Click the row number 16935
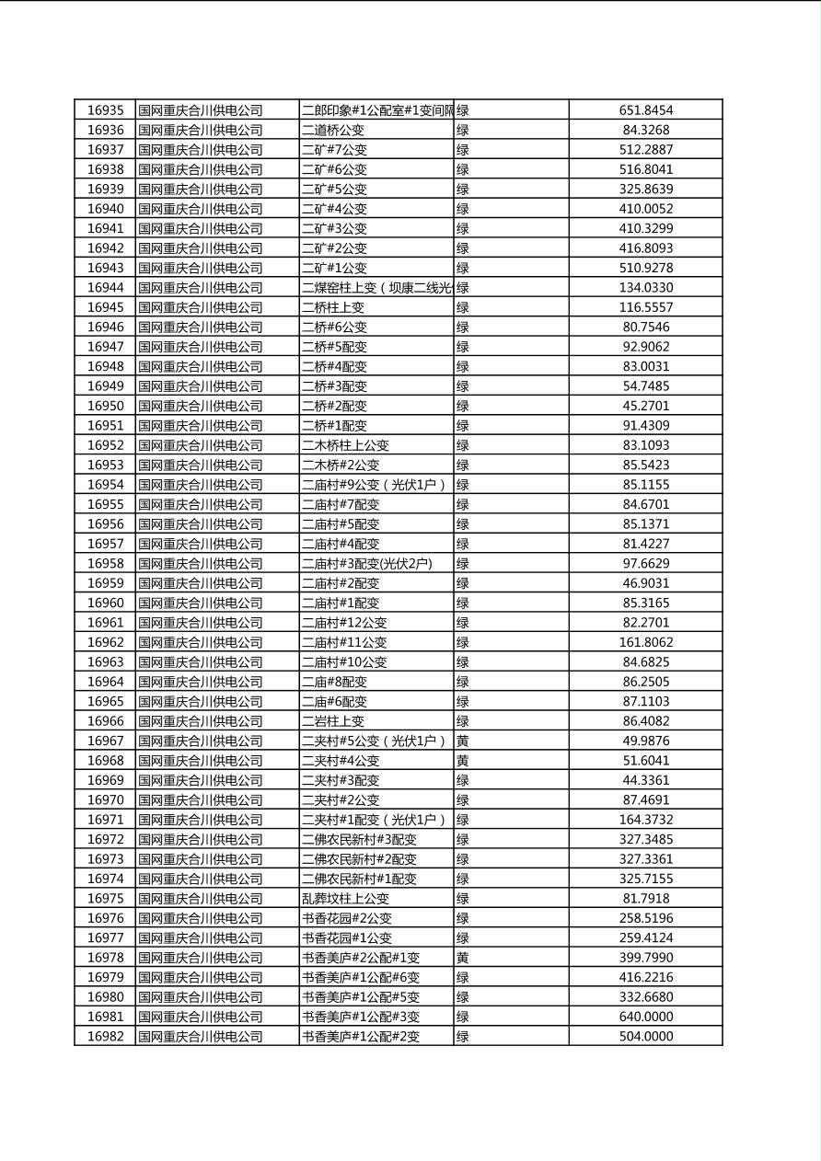105,110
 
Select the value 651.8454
645,110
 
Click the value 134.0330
645,288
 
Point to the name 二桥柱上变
333,307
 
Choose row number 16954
105,485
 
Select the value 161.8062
645,642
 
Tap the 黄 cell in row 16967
463,741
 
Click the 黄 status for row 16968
463,761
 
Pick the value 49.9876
645,741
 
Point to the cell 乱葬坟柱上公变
345,898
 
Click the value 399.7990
645,958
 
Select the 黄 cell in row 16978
463,958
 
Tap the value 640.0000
645,1017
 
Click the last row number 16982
105,1036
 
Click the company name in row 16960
201,603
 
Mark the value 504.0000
645,1036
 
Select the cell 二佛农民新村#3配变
359,839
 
